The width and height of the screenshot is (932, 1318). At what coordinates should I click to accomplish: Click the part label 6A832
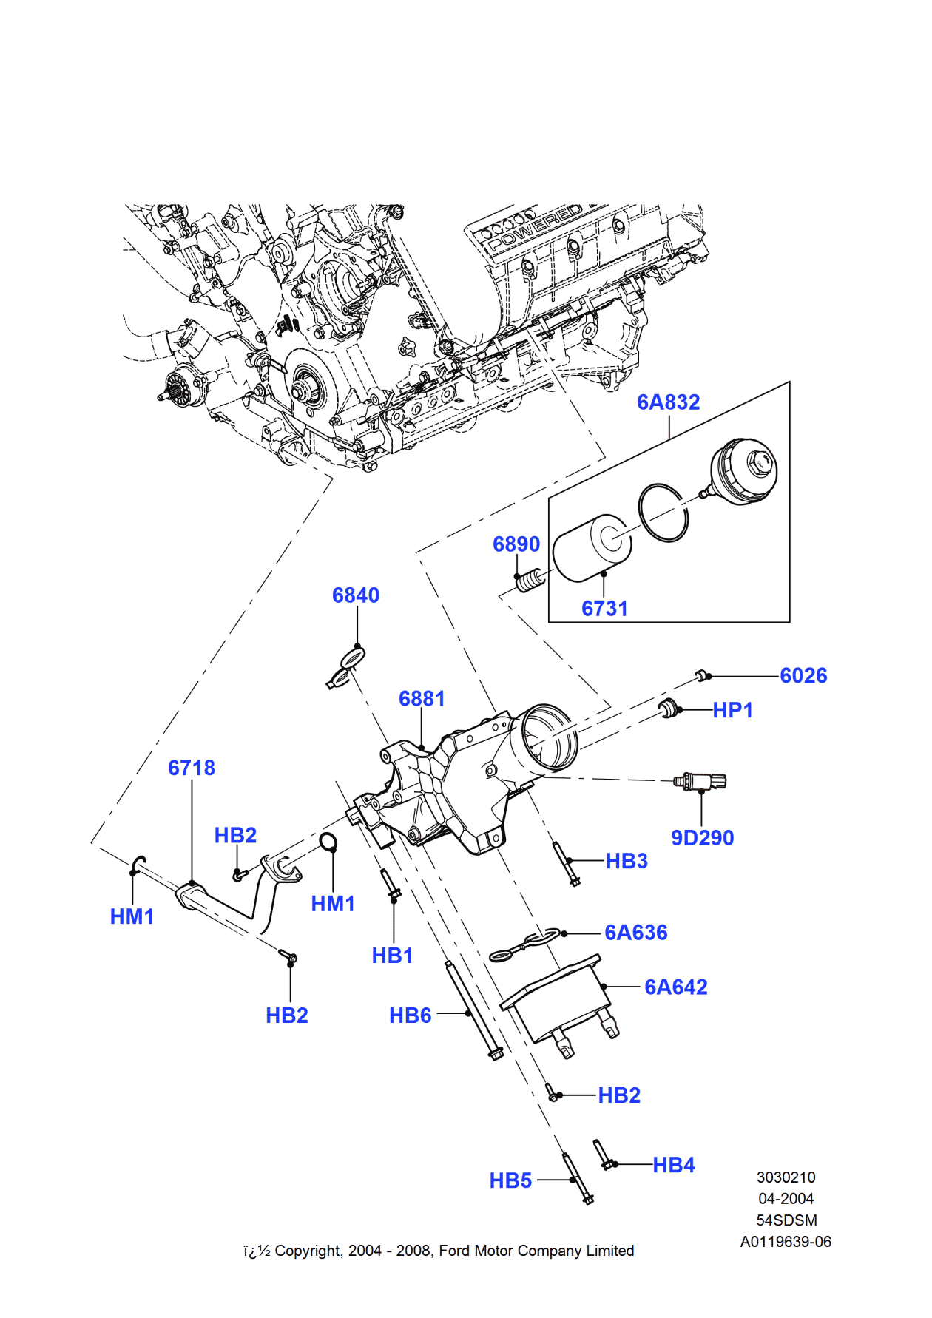668,402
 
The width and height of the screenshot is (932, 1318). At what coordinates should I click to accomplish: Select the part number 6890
516,544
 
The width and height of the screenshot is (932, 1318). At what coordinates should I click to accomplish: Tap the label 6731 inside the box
604,609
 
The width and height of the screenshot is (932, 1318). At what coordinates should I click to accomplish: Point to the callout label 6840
355,595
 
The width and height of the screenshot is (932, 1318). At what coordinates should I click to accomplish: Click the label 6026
803,676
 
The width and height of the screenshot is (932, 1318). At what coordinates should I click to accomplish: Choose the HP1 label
732,711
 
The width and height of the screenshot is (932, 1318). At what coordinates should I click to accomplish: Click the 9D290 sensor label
702,838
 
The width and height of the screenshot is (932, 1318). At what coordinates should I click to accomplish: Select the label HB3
627,861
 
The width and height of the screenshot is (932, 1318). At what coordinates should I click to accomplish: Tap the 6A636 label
635,933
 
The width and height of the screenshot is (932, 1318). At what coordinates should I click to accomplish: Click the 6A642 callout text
675,987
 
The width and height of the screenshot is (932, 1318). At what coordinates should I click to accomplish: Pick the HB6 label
410,1016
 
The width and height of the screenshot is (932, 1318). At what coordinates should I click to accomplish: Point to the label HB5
510,1181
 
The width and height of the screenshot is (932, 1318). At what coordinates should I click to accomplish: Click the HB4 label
673,1166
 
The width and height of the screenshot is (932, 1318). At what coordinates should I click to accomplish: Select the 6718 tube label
192,768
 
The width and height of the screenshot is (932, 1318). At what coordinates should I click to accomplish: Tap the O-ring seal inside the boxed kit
663,513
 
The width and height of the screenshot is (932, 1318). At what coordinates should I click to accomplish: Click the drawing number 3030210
786,1177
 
